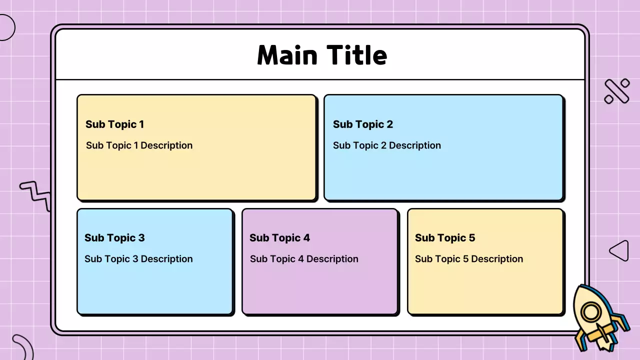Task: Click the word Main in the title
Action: click(288, 55)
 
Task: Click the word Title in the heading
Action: click(357, 55)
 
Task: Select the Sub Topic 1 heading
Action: click(114, 124)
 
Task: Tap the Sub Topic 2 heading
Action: click(363, 124)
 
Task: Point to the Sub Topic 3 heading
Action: click(114, 238)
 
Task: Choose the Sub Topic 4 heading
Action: click(279, 238)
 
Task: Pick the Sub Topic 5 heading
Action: click(445, 238)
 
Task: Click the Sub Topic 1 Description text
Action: click(139, 145)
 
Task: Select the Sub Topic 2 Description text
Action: click(387, 145)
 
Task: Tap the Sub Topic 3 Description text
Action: click(138, 259)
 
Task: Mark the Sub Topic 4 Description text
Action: click(304, 259)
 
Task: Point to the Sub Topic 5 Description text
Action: click(469, 259)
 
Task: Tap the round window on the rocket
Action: click(591, 313)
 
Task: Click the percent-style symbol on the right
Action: click(616, 91)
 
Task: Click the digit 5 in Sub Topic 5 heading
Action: click(471, 238)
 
